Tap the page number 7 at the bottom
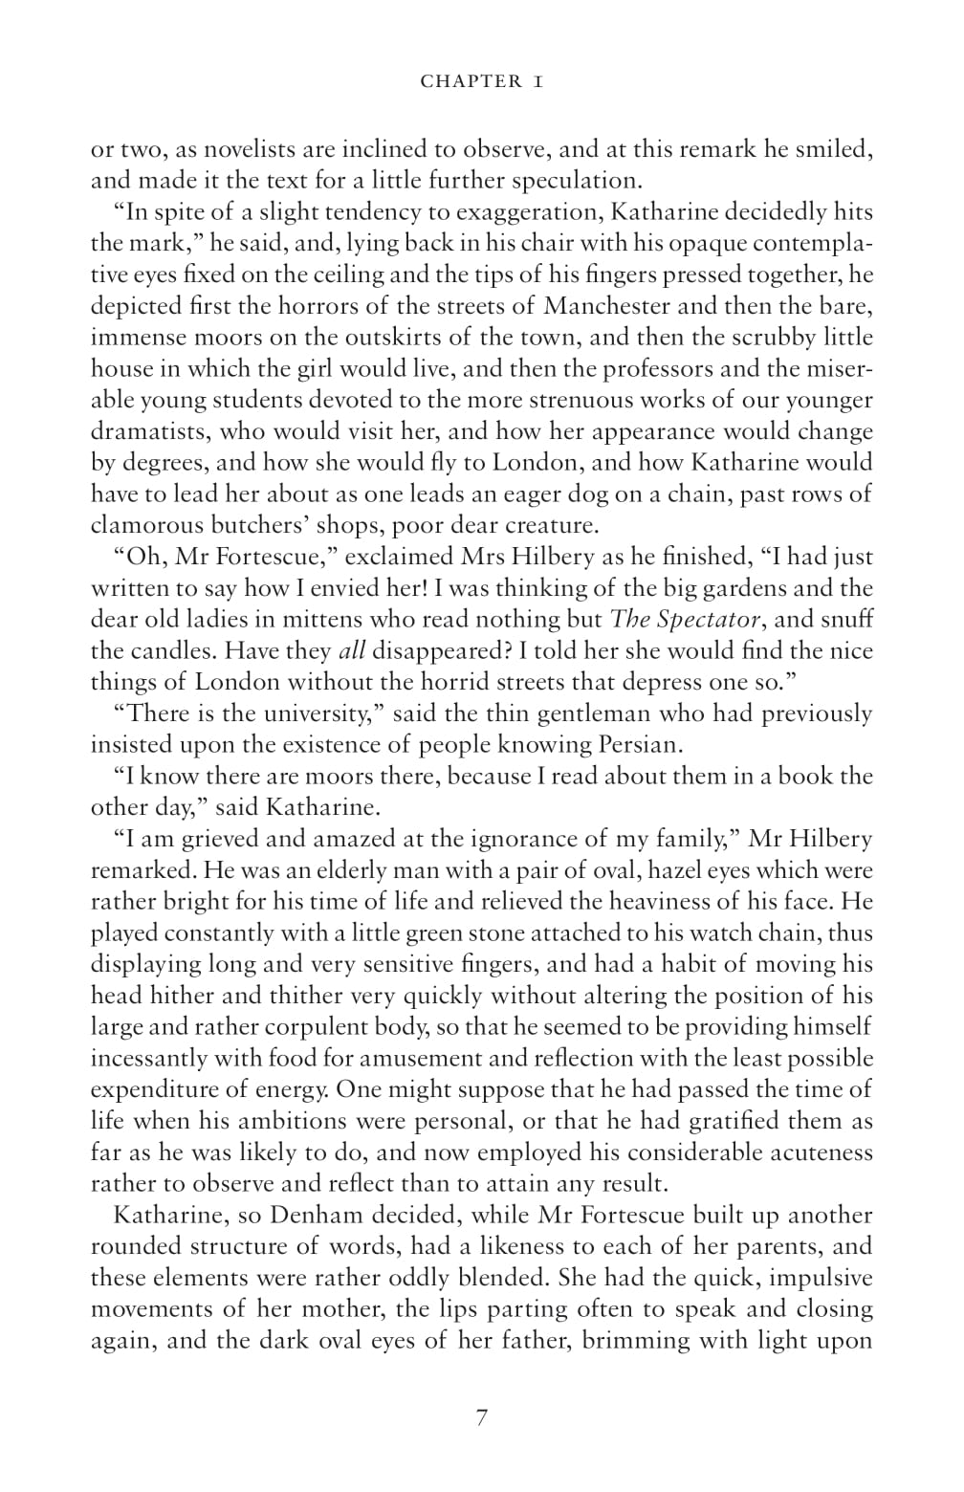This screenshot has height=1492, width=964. point(481,1418)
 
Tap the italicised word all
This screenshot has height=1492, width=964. point(351,650)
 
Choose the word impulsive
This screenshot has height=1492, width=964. point(821,1278)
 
